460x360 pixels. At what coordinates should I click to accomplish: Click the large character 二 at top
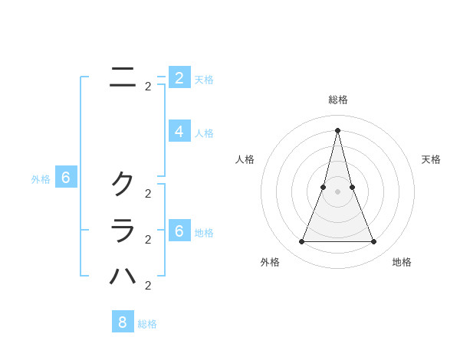click(123, 77)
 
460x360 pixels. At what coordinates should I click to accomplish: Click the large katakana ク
click(123, 183)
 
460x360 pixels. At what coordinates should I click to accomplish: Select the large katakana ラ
click(123, 230)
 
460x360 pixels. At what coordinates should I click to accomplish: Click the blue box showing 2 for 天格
click(179, 77)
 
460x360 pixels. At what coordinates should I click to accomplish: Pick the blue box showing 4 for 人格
click(179, 131)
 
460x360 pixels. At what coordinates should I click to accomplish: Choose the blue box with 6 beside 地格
click(179, 231)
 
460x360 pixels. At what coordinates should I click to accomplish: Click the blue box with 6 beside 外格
click(67, 178)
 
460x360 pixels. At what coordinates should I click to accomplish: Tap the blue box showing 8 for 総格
click(123, 322)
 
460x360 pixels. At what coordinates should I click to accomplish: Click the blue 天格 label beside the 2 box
click(204, 80)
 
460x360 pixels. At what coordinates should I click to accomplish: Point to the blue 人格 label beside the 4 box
click(204, 133)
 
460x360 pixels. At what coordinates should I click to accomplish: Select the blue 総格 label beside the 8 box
click(147, 324)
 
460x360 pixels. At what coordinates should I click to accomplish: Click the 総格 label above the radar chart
click(338, 100)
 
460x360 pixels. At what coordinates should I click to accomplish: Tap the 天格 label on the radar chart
click(431, 159)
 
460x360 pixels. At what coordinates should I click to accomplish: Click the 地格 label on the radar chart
click(402, 262)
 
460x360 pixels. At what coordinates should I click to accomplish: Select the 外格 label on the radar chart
click(270, 262)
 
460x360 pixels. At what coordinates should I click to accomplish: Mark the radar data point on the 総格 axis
click(338, 129)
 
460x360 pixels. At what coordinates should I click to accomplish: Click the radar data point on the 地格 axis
click(374, 242)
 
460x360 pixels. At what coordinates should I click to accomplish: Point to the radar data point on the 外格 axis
click(301, 242)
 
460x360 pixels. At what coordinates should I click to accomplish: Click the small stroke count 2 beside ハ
click(148, 286)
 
